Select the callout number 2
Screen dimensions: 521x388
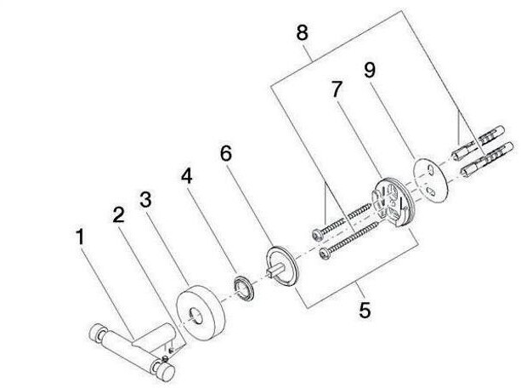coord(119,214)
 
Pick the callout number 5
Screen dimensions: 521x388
coord(365,310)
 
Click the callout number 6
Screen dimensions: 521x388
coord(225,155)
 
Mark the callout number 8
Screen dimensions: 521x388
coord(302,35)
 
